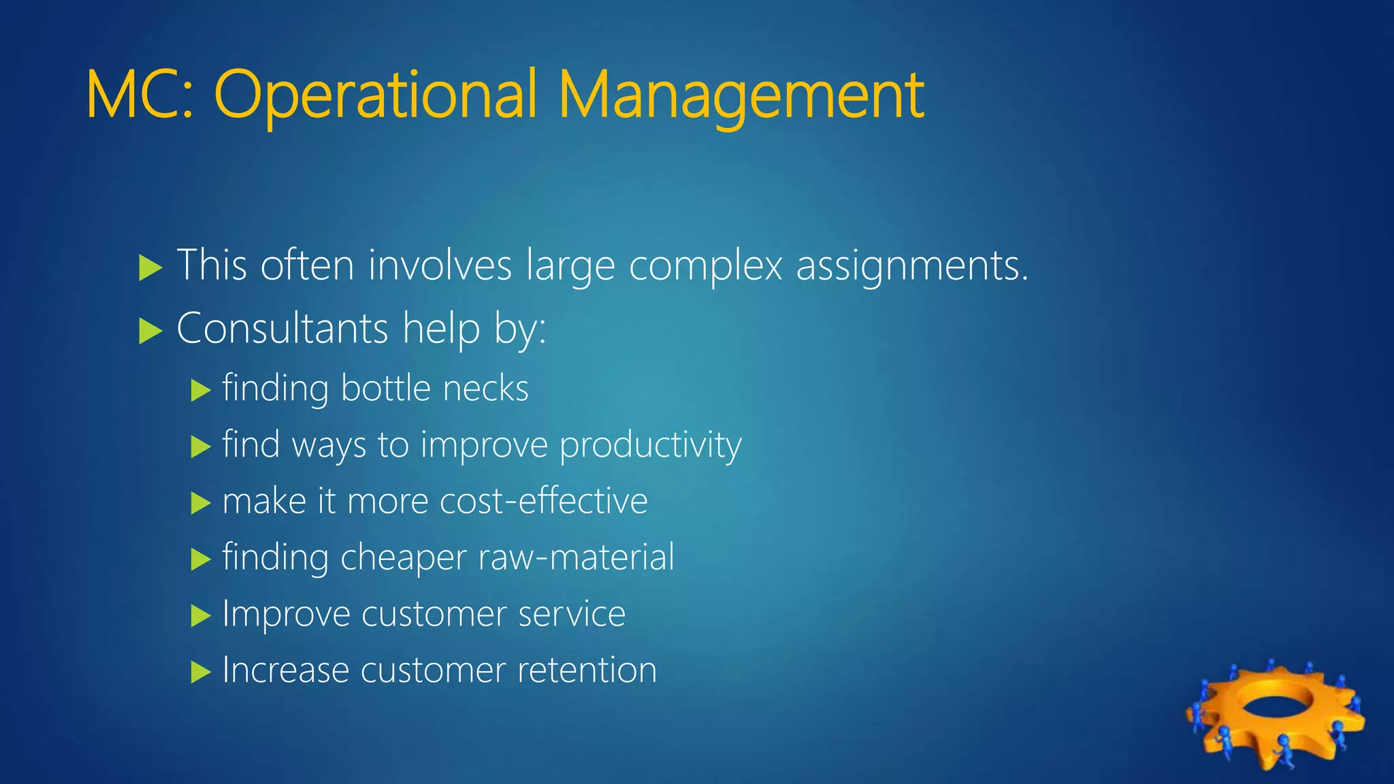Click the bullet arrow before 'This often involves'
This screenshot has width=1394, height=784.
pos(150,267)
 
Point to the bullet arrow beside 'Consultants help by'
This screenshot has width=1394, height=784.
pos(150,331)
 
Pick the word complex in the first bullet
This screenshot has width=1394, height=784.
pos(705,265)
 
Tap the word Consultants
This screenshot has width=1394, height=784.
pos(282,329)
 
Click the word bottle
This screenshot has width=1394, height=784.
pos(386,389)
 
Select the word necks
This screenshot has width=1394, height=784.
pos(485,389)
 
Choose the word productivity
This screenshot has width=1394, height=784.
pos(650,446)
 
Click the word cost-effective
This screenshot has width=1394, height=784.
pos(543,502)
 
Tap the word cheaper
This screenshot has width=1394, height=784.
pos(403,557)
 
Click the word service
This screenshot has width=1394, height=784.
pos(571,614)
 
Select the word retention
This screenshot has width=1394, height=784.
pos(587,670)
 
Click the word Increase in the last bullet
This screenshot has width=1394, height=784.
pos(285,670)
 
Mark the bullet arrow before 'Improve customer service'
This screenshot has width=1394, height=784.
pos(201,616)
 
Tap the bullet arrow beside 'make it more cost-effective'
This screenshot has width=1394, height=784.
pos(201,504)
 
